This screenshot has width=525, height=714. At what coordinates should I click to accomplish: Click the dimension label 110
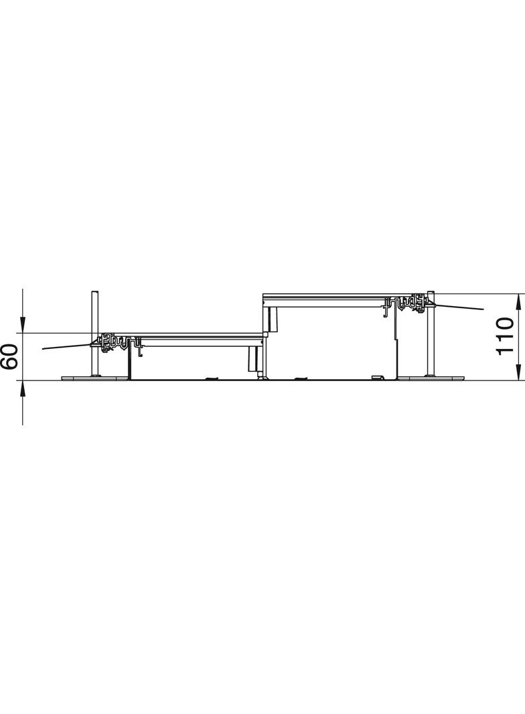tap(504, 336)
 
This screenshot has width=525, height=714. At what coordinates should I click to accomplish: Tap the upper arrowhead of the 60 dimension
tap(22, 326)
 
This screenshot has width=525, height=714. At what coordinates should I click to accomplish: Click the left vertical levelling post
tap(94, 333)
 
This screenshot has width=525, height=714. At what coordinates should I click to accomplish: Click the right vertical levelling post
tap(431, 333)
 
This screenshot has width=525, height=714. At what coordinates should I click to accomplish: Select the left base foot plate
tap(94, 378)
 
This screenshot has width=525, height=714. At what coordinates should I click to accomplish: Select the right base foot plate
tap(431, 378)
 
